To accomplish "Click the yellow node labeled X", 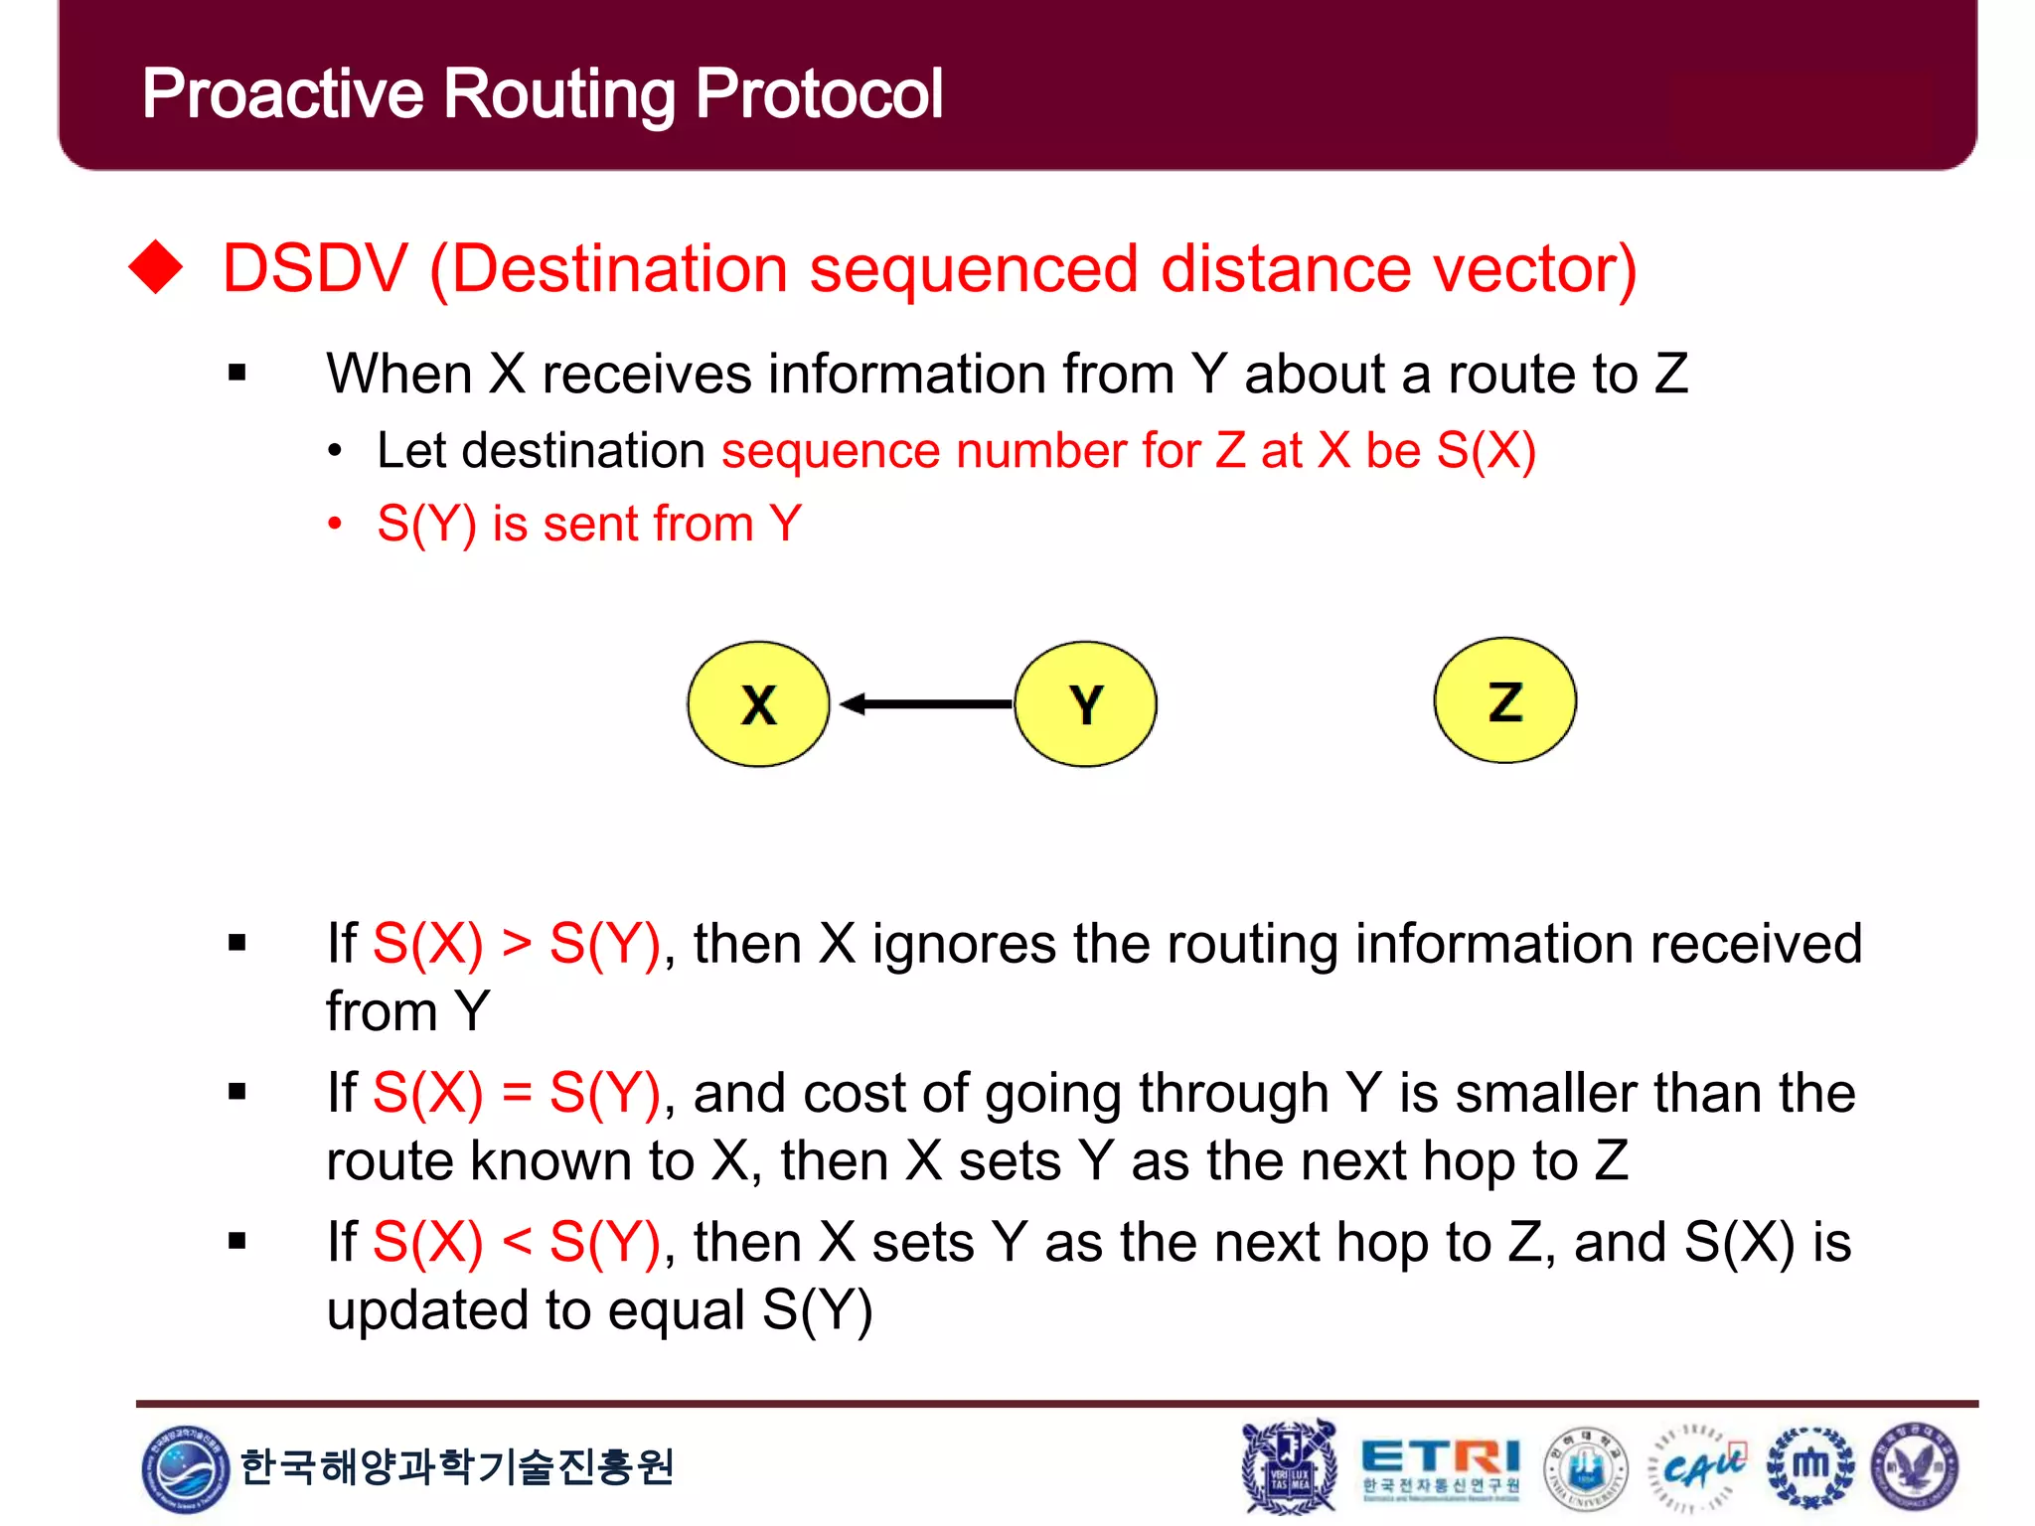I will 758,703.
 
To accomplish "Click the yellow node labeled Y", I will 1085,703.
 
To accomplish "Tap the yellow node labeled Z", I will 1504,700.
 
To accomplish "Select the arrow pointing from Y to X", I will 924,704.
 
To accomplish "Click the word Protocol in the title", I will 818,94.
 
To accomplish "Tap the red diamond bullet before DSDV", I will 156,267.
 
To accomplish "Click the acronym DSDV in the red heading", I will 315,269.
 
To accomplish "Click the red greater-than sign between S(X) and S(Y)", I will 516,943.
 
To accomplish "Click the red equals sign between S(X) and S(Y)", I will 516,1093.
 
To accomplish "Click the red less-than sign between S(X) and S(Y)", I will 516,1242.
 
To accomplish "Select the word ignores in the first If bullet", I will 963,943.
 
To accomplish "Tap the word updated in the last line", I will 436,1310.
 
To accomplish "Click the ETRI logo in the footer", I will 1440,1466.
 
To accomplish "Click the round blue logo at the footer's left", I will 184,1467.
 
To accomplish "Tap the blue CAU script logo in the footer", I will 1700,1467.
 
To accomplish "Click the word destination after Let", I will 583,451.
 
